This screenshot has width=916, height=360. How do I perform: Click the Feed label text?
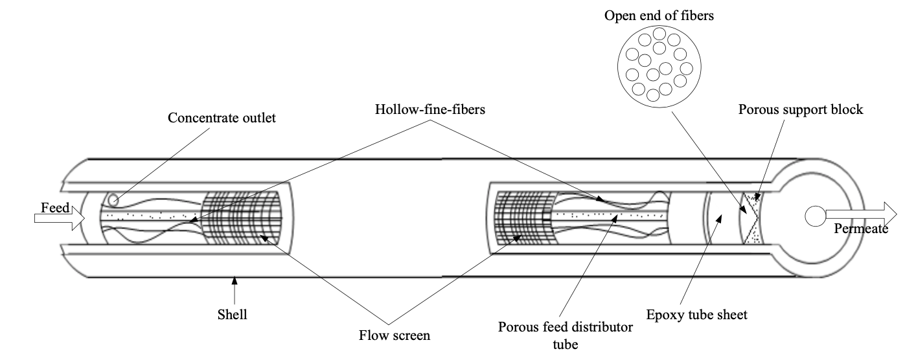click(x=54, y=208)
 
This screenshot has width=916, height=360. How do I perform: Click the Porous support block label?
click(x=801, y=109)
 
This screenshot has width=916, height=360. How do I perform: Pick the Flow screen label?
click(x=395, y=335)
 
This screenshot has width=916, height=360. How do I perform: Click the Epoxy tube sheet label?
click(x=697, y=315)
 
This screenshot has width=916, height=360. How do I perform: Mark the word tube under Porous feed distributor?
click(x=564, y=344)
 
